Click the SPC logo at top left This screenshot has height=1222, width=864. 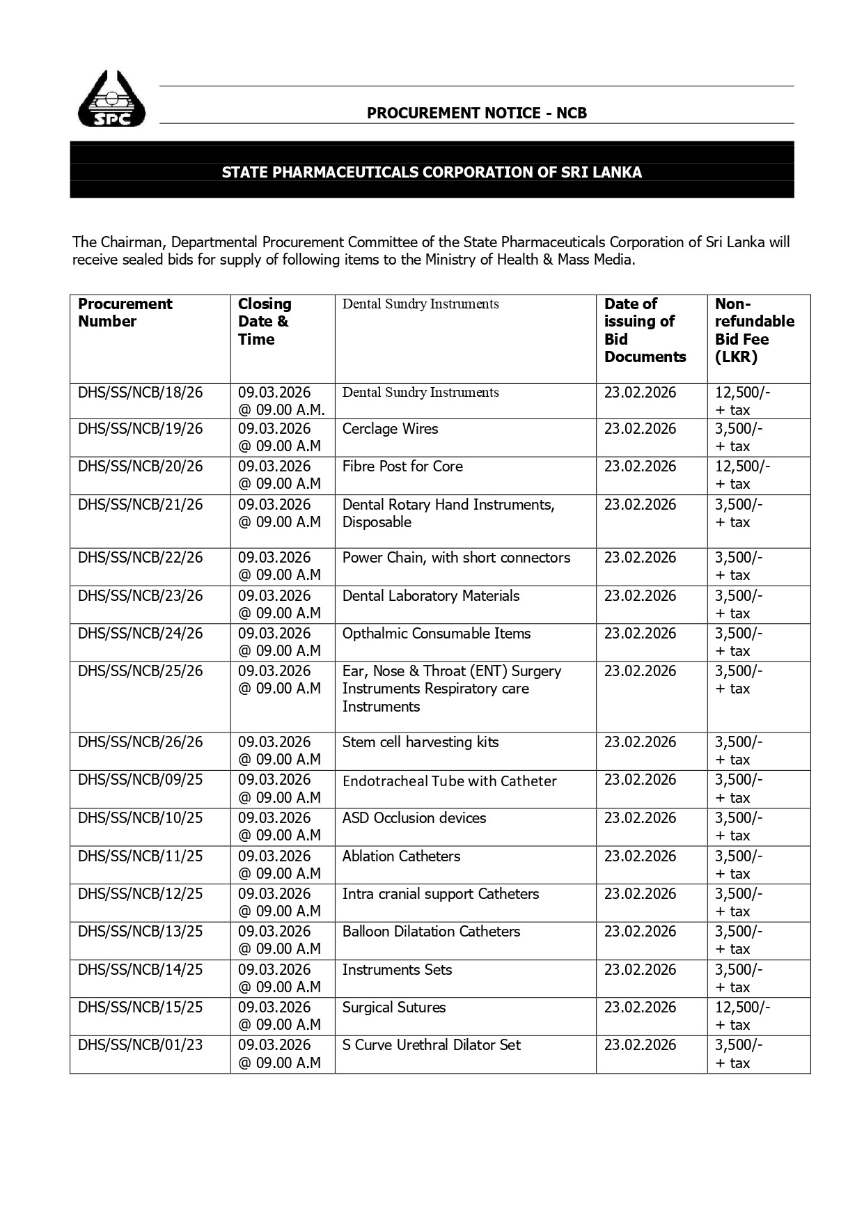click(111, 100)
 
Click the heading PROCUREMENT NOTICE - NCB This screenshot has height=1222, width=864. click(476, 113)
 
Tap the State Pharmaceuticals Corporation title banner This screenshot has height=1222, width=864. click(432, 172)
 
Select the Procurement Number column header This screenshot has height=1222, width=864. click(125, 313)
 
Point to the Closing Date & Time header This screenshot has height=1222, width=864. click(265, 322)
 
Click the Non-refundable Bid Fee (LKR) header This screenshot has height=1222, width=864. click(754, 331)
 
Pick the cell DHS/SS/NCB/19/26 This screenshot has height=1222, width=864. click(140, 429)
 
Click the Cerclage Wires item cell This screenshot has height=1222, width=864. click(390, 429)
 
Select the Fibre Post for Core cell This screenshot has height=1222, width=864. click(402, 467)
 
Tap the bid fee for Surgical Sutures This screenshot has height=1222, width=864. click(742, 1016)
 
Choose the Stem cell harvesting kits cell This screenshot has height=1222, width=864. click(421, 742)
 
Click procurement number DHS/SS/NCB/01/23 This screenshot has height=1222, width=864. click(140, 1045)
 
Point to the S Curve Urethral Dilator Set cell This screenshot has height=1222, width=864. click(431, 1045)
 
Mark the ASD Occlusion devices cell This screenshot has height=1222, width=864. click(414, 818)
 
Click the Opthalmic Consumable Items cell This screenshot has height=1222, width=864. click(437, 634)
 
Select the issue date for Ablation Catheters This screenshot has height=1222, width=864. click(640, 856)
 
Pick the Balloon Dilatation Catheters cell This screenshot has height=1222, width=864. click(431, 932)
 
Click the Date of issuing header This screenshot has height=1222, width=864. click(645, 331)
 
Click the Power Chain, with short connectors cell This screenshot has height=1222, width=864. click(456, 558)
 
